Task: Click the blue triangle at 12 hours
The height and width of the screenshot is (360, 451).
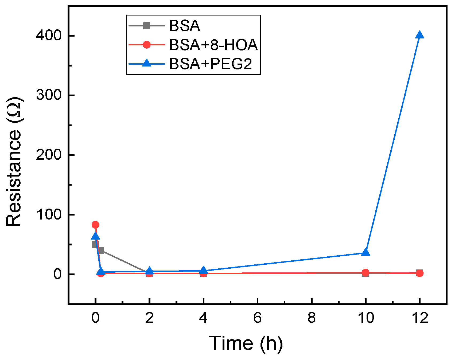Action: click(x=419, y=35)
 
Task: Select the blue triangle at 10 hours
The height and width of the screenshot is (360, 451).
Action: click(x=366, y=252)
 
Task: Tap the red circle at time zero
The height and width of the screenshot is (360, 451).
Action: click(x=95, y=225)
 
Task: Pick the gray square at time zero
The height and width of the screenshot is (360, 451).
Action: click(x=94, y=244)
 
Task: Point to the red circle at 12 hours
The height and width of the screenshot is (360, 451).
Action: click(x=419, y=273)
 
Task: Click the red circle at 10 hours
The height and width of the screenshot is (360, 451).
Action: click(x=366, y=273)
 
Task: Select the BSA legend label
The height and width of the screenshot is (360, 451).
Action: click(x=185, y=26)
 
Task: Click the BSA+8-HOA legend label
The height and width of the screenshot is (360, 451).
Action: click(x=213, y=45)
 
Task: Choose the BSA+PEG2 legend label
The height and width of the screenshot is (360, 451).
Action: click(x=211, y=64)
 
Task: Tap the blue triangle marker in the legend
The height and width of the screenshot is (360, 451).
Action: click(x=147, y=63)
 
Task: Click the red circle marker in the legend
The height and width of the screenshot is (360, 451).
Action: click(x=147, y=45)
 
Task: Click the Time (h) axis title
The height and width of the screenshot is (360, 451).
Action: click(x=246, y=343)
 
